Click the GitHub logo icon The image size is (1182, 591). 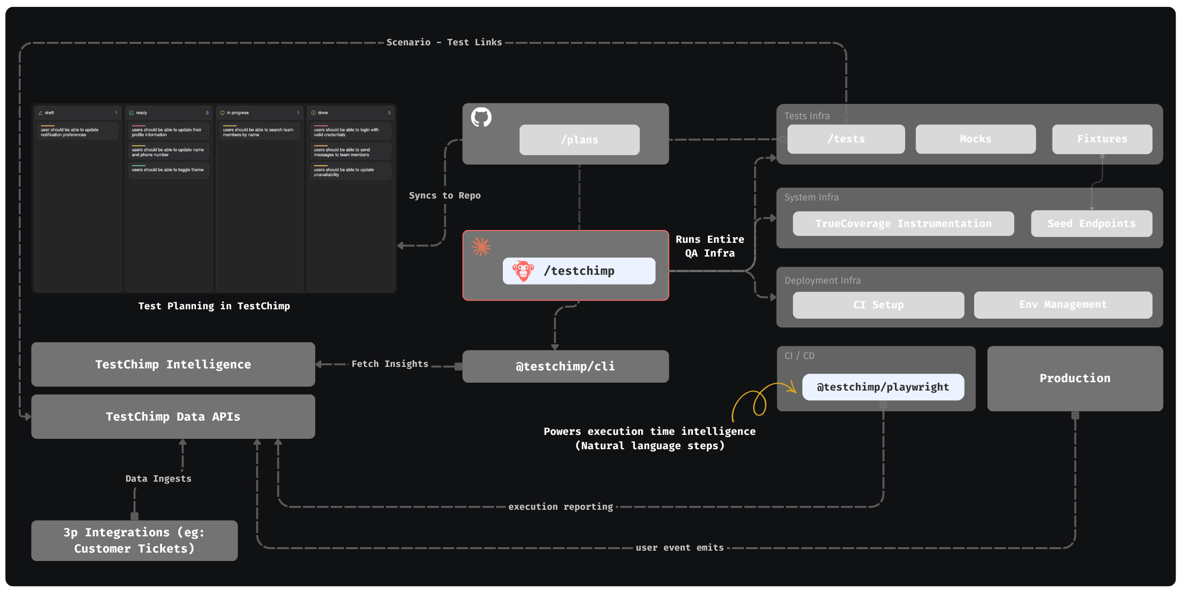pyautogui.click(x=481, y=117)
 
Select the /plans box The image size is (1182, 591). pyautogui.click(x=579, y=140)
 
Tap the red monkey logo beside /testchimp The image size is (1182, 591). pyautogui.click(x=523, y=271)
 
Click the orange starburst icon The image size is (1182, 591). pyautogui.click(x=481, y=246)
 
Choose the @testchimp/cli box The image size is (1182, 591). pyautogui.click(x=565, y=366)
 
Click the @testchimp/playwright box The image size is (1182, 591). pyautogui.click(x=883, y=387)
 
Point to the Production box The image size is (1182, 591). pyautogui.click(x=1075, y=378)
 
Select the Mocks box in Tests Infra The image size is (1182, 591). pyautogui.click(x=975, y=139)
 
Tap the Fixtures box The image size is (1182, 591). pyautogui.click(x=1102, y=139)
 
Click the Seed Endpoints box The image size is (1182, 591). pyautogui.click(x=1091, y=224)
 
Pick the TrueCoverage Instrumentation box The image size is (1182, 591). pyautogui.click(x=903, y=224)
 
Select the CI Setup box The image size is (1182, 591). pyautogui.click(x=878, y=305)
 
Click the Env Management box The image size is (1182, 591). pyautogui.click(x=1063, y=305)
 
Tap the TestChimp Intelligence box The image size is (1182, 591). pyautogui.click(x=173, y=364)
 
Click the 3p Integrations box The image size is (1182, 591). pyautogui.click(x=134, y=540)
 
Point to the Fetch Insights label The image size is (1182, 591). pyautogui.click(x=390, y=364)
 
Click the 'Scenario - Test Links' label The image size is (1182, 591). pyautogui.click(x=444, y=42)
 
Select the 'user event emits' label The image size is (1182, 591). pyautogui.click(x=680, y=548)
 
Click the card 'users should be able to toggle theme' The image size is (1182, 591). pyautogui.click(x=168, y=170)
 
